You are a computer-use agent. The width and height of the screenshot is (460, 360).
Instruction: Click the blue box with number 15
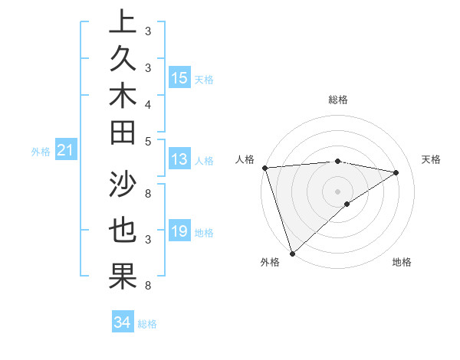coord(179,77)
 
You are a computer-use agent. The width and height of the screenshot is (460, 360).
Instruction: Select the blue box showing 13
coord(179,159)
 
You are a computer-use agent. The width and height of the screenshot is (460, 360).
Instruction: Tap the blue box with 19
coord(179,231)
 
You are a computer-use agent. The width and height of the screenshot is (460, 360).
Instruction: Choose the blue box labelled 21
coord(66,151)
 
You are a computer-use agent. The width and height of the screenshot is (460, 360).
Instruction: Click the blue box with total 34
coord(123,322)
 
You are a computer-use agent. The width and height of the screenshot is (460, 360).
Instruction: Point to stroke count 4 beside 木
coord(147,103)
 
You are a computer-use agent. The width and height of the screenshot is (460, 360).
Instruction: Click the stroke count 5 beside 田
coord(147,140)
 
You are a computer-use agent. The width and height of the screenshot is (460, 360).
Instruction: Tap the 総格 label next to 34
coord(147,324)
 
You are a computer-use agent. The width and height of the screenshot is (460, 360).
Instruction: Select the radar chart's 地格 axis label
coord(402,263)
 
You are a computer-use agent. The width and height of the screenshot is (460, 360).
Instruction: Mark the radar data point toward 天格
coord(396,172)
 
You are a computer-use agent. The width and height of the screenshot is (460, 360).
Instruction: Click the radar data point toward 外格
coord(292,253)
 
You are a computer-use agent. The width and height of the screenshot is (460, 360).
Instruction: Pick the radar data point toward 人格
coord(264,168)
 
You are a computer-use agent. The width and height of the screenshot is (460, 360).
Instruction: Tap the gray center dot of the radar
coord(337,191)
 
